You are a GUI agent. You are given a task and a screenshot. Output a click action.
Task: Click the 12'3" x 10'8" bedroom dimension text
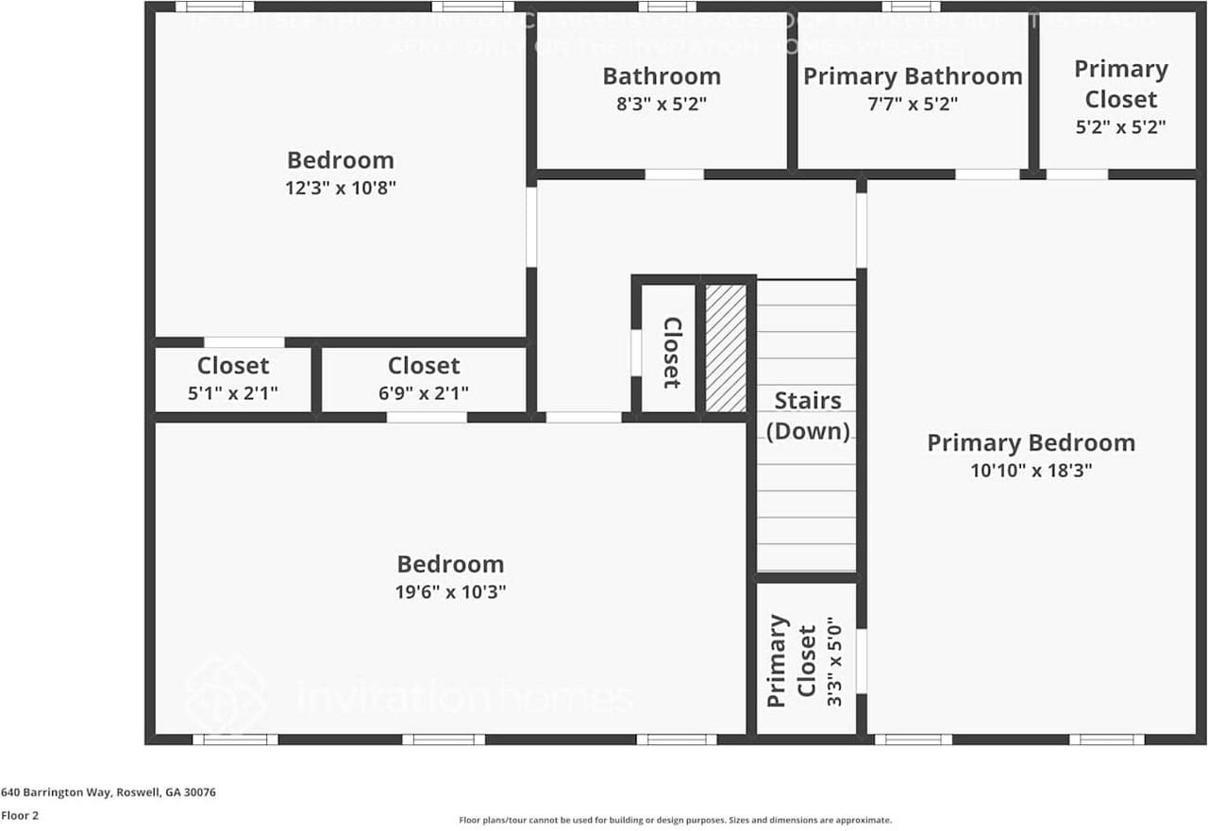(x=340, y=188)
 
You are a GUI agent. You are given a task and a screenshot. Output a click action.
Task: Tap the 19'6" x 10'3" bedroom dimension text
(x=450, y=592)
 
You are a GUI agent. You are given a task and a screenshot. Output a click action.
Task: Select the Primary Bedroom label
(x=1031, y=442)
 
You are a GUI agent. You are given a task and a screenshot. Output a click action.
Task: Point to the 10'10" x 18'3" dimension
(x=1031, y=471)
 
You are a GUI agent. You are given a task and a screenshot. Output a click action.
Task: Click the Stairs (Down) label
(x=807, y=415)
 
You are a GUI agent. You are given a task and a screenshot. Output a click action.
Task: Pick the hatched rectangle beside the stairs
(x=726, y=347)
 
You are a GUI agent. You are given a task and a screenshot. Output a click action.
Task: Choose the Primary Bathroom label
(x=913, y=76)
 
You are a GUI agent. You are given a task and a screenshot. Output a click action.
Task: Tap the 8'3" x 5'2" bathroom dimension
(x=661, y=104)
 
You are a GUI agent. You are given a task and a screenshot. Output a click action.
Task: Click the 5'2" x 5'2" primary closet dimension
(x=1120, y=127)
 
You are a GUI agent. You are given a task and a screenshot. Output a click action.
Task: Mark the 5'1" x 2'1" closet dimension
(x=232, y=392)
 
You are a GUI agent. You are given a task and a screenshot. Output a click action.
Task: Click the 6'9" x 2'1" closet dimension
(x=424, y=392)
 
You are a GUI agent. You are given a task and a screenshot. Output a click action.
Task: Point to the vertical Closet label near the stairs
(x=671, y=352)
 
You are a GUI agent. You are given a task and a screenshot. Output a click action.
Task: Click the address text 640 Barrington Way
(x=109, y=792)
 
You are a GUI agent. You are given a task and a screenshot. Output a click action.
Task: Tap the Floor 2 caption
(x=20, y=816)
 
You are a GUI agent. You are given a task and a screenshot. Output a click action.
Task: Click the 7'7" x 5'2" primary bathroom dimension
(x=913, y=104)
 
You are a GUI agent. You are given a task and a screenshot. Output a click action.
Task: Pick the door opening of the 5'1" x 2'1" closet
(x=243, y=342)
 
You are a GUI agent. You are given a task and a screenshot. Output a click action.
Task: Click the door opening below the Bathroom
(x=674, y=175)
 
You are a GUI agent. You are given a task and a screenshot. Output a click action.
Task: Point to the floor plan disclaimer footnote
(x=675, y=821)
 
